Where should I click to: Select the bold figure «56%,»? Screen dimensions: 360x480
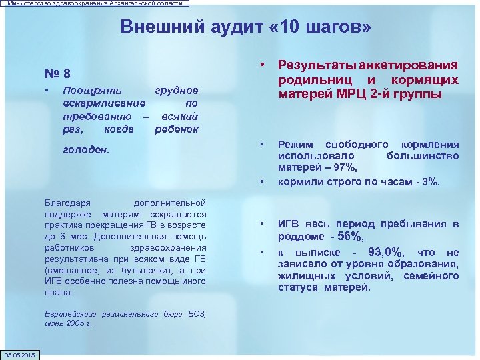coord(351,237)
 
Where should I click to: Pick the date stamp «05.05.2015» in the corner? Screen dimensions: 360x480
coord(21,353)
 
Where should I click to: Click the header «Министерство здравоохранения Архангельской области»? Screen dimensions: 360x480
coord(94,3)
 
